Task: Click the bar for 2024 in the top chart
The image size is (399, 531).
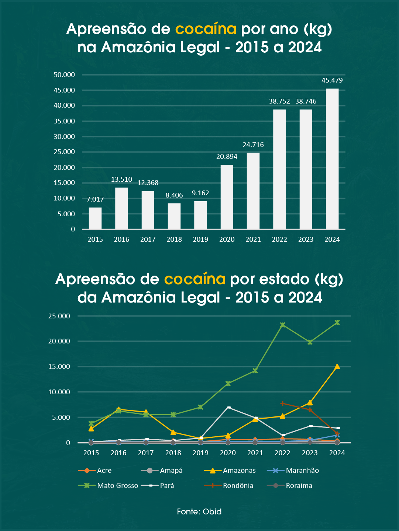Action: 332,159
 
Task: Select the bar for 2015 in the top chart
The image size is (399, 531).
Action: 95,218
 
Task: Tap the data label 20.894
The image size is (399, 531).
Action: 227,157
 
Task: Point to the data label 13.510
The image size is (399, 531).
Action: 121,179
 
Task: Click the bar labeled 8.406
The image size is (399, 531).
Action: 174,216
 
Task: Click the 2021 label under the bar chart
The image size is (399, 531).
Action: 253,240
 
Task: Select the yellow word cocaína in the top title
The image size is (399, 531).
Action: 206,29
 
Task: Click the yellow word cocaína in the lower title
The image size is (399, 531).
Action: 195,279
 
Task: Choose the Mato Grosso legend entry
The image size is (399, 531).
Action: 117,486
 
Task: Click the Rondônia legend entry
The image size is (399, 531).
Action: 238,486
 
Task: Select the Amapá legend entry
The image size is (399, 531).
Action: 171,471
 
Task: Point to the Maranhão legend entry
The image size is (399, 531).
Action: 302,471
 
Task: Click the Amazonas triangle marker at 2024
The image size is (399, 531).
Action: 337,367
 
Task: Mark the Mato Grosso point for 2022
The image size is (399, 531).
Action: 282,325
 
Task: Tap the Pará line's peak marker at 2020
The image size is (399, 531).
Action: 229,407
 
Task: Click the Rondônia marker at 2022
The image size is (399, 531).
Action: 282,404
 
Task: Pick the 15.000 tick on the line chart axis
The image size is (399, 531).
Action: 59,367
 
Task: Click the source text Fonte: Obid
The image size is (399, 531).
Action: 199,511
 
